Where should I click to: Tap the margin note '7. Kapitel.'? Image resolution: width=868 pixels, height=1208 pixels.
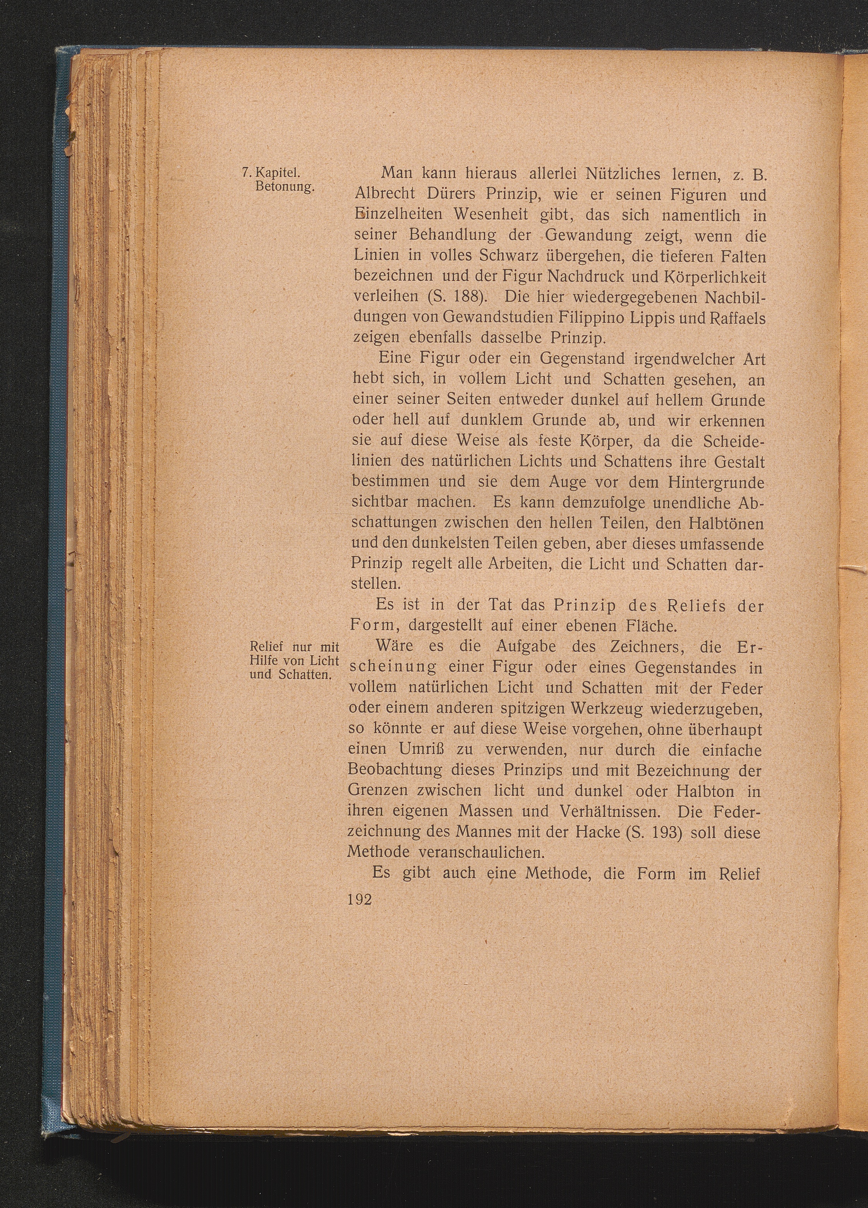tap(271, 174)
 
